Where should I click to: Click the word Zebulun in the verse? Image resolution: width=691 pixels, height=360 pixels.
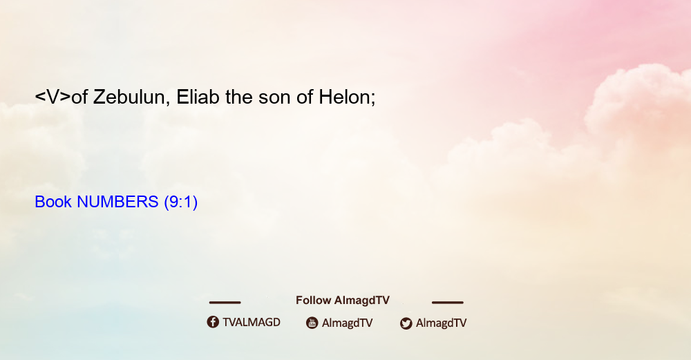click(x=129, y=97)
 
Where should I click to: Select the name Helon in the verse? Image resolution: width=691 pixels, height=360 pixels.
click(x=344, y=97)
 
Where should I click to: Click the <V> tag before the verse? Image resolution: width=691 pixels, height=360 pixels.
click(x=53, y=97)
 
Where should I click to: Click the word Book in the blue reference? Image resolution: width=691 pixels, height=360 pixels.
click(x=53, y=202)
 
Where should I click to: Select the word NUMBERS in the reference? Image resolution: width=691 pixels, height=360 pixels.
click(x=117, y=202)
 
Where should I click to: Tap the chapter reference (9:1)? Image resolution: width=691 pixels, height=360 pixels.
click(x=180, y=202)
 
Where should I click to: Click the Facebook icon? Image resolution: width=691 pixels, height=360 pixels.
click(x=213, y=322)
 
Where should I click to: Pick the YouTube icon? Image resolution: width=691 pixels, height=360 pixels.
click(x=312, y=323)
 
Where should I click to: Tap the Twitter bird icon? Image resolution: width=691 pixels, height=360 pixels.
click(x=406, y=323)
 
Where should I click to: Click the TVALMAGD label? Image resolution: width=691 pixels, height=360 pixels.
click(x=252, y=322)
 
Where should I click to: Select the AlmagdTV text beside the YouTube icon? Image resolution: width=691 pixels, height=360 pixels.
click(x=348, y=323)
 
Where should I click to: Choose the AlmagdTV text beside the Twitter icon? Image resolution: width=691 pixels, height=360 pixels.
click(x=441, y=323)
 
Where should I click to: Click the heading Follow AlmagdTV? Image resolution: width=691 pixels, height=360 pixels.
click(x=343, y=300)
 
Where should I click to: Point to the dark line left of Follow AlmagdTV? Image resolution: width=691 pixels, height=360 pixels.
click(x=225, y=302)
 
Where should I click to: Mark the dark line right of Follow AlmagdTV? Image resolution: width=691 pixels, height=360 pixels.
click(x=448, y=302)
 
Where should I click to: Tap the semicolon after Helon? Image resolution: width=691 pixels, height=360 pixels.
click(x=373, y=99)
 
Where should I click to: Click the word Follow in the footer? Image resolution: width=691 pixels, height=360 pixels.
click(x=313, y=300)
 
